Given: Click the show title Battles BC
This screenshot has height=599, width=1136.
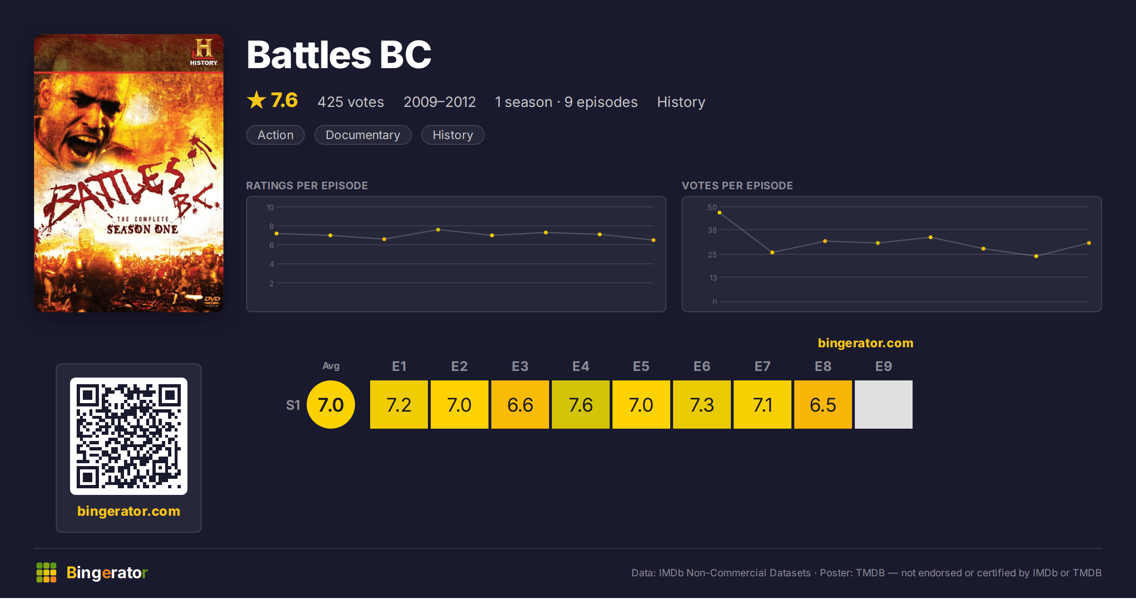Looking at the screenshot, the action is coord(339,54).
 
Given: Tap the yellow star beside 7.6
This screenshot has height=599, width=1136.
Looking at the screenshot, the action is coord(257,100).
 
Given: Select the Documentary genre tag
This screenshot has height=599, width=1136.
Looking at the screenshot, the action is coord(363,135).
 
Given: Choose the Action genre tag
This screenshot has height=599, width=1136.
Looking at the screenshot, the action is coord(275,135).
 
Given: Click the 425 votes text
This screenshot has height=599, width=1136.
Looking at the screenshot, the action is coord(351,102).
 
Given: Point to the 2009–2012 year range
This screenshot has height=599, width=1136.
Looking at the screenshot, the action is coord(440,102).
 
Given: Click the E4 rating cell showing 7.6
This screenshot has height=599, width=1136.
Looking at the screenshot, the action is coord(581,405).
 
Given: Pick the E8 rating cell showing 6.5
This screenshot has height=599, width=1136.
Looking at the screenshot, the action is coord(823,405).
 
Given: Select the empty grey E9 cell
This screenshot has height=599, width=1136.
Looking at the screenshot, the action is coord(884,405).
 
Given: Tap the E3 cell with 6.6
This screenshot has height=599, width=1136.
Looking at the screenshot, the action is coord(520,405).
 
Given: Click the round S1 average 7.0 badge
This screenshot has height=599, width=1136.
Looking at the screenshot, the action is coord(331,405).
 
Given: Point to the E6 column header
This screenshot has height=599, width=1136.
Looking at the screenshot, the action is coord(702,366).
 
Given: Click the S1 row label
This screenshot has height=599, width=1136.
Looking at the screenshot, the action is coord(293,405).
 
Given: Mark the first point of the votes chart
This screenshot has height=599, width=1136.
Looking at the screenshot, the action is coord(719,213).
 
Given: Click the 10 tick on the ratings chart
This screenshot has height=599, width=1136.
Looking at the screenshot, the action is coord(270,207).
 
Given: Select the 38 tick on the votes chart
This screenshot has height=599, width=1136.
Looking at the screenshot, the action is coord(712,230).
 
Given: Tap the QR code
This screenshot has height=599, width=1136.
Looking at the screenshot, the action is coord(129,436).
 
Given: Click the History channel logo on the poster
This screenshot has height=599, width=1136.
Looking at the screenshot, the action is coord(204,53).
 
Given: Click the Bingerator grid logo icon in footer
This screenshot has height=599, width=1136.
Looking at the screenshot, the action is coord(46,573).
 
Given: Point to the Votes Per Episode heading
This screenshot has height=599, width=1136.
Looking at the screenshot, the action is coord(737,185).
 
